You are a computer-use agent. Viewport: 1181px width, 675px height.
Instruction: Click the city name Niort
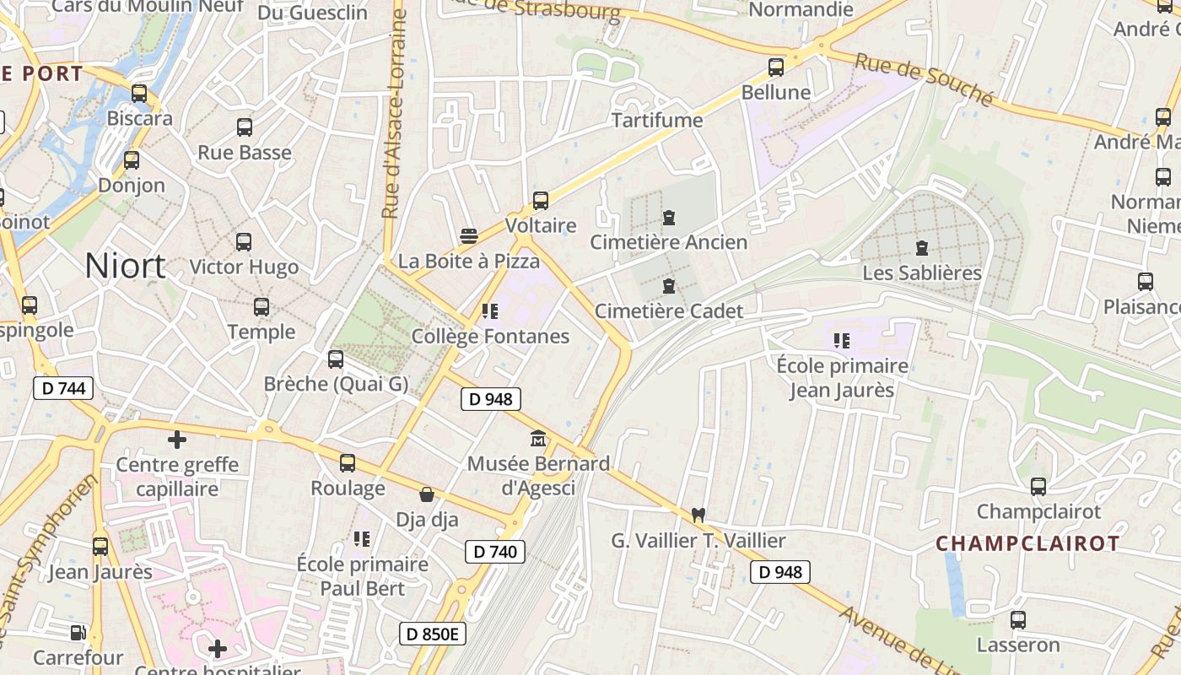click(125, 267)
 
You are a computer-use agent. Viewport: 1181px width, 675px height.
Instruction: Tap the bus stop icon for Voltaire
click(541, 201)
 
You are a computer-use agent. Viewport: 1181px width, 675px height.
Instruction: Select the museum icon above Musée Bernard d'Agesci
click(538, 439)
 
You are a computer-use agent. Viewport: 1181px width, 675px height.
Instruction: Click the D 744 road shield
click(63, 388)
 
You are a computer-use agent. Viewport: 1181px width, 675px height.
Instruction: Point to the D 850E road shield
click(433, 634)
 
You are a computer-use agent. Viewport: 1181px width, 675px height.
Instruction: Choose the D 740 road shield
click(495, 552)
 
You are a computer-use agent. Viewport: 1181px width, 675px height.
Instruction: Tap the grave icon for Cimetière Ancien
click(669, 218)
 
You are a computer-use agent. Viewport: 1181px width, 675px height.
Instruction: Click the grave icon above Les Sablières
click(922, 249)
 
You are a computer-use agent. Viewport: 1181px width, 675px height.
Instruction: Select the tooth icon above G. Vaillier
click(698, 514)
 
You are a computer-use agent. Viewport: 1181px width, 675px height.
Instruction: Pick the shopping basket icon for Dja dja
click(428, 494)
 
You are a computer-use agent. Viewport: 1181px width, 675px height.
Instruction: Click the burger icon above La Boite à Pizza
click(469, 236)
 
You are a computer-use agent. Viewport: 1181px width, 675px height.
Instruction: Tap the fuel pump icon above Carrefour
click(78, 632)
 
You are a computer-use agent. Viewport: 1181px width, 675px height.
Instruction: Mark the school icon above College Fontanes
click(490, 311)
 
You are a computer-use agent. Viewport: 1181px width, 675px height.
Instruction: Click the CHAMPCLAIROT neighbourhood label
click(1027, 543)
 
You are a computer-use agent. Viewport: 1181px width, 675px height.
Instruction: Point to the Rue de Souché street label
click(924, 80)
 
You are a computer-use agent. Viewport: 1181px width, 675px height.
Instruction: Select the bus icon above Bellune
click(776, 67)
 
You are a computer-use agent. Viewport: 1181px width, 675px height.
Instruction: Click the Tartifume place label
click(657, 120)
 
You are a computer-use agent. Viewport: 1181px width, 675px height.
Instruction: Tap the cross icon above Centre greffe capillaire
click(177, 440)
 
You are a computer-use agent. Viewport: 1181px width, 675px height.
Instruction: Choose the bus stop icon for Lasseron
click(1018, 620)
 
